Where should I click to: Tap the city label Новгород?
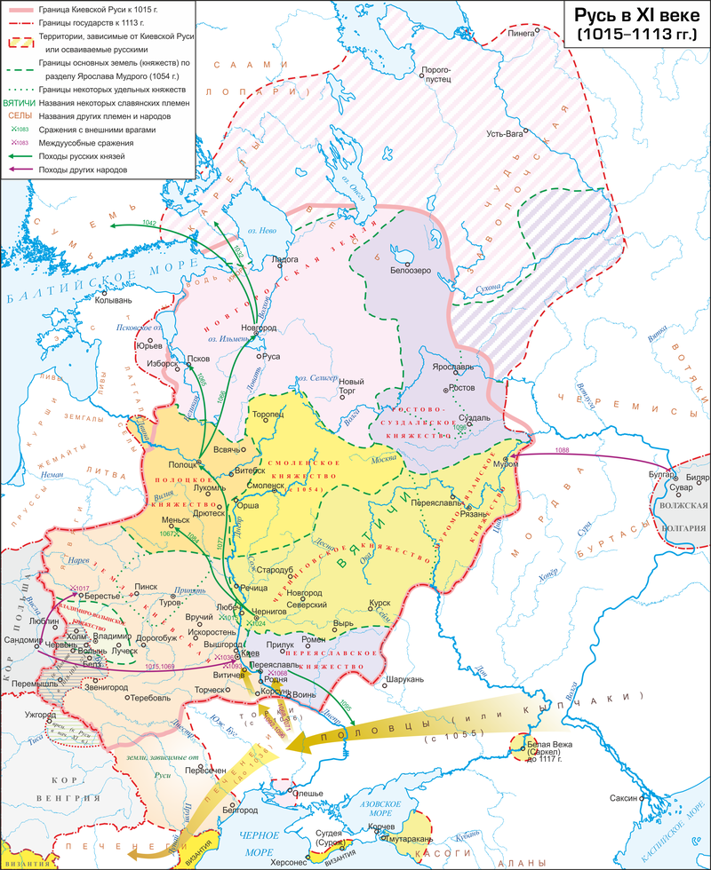(270, 327)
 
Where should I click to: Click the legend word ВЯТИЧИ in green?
(19, 102)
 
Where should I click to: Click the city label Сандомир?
(23, 638)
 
